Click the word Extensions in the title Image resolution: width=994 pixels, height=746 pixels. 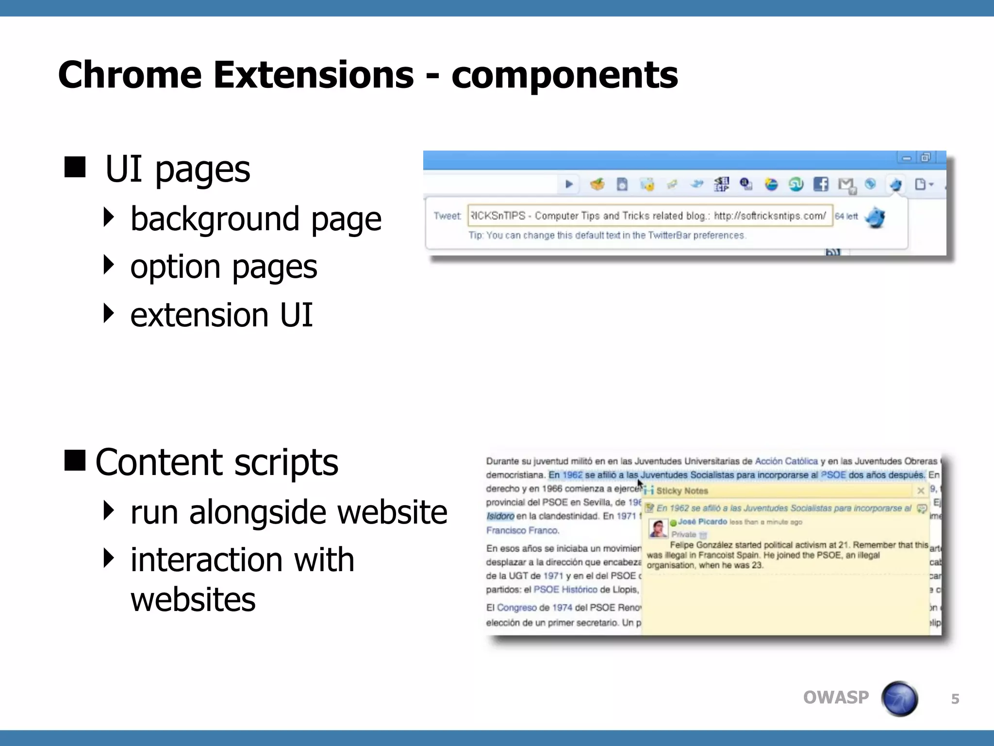[x=313, y=75]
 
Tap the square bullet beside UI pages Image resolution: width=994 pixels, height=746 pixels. [x=75, y=167]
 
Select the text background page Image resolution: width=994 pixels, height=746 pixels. [x=256, y=219]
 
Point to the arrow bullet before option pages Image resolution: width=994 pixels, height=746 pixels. [x=109, y=265]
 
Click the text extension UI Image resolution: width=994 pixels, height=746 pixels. [x=221, y=315]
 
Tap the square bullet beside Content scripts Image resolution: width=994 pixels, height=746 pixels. [x=75, y=460]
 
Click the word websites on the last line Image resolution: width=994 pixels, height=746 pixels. [x=193, y=599]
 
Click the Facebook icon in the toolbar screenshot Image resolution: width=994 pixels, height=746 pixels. [x=821, y=184]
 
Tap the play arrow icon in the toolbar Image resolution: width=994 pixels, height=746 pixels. [x=569, y=184]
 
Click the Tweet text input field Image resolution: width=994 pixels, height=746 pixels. [x=649, y=216]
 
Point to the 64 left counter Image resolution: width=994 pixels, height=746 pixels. [x=846, y=217]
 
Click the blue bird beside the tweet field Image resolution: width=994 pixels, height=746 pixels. [x=876, y=217]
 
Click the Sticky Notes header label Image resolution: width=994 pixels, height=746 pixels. [x=682, y=491]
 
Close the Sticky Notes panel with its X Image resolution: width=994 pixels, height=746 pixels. [x=921, y=491]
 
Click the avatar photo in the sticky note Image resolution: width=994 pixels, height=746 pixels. [x=658, y=528]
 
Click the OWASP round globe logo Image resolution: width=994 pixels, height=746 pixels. [x=899, y=698]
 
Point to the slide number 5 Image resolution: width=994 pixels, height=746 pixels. [x=955, y=699]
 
